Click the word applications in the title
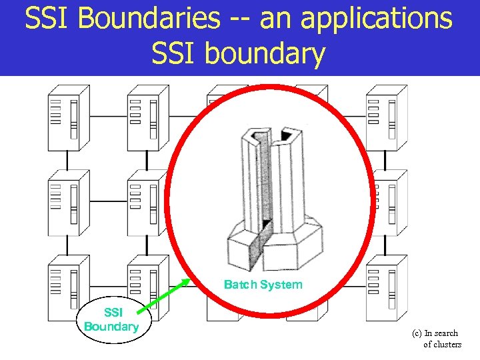[377, 19]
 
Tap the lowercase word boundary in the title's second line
[267, 53]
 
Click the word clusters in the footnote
[442, 344]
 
